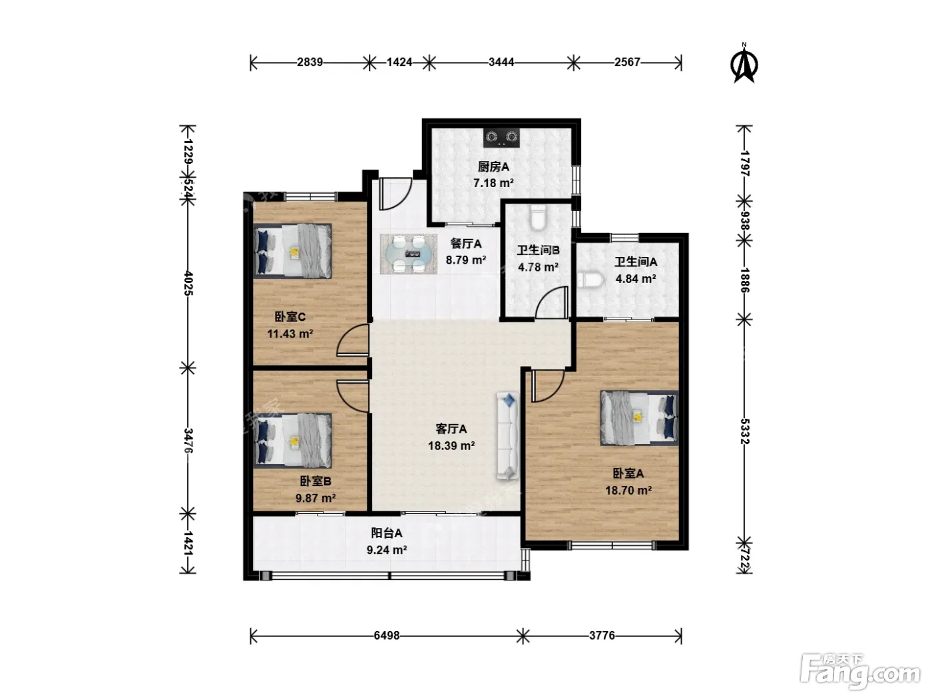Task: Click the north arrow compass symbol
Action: (744, 64)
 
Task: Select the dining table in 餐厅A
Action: (409, 254)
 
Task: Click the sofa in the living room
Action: (508, 436)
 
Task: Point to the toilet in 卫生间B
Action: (538, 217)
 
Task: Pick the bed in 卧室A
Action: (639, 418)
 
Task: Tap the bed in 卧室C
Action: (292, 251)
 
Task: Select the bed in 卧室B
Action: (292, 441)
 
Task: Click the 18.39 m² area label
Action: (451, 445)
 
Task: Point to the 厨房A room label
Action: (493, 167)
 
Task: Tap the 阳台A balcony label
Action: (386, 533)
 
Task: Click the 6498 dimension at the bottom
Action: (386, 636)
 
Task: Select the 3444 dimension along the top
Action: (501, 63)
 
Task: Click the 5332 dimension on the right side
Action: (744, 431)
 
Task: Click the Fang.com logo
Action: (860, 672)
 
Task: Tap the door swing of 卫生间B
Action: (552, 302)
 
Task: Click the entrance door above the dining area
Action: (395, 194)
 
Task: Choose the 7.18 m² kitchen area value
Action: (493, 183)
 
